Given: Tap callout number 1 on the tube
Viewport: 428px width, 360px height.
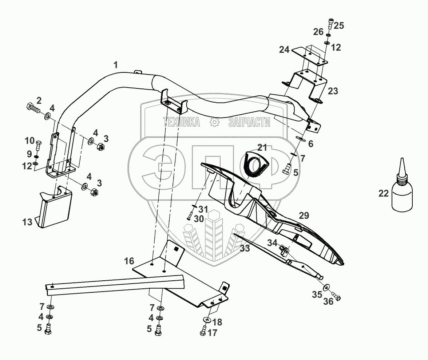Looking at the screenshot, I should (x=115, y=66).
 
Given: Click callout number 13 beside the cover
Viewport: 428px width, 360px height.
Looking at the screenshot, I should (x=28, y=222).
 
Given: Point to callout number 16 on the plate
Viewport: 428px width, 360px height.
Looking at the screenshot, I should (x=129, y=261).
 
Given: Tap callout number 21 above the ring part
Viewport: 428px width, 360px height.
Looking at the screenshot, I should (x=262, y=147).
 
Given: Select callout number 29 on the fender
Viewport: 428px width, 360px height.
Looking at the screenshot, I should (x=304, y=215).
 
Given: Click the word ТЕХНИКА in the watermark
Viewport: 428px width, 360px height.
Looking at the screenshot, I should (x=182, y=123).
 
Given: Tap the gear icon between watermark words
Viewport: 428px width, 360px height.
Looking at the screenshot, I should (x=214, y=123).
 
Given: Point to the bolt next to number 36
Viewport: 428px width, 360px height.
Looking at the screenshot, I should (x=336, y=297).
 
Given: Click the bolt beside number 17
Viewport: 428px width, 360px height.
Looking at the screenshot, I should (x=203, y=332).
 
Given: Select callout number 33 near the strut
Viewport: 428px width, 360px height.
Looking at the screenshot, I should (x=245, y=249).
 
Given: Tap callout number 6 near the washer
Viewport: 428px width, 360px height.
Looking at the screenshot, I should (x=310, y=144).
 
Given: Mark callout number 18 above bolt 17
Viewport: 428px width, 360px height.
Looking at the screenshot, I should (x=217, y=322).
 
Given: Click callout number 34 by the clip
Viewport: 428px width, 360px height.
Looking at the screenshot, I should (x=273, y=243).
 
